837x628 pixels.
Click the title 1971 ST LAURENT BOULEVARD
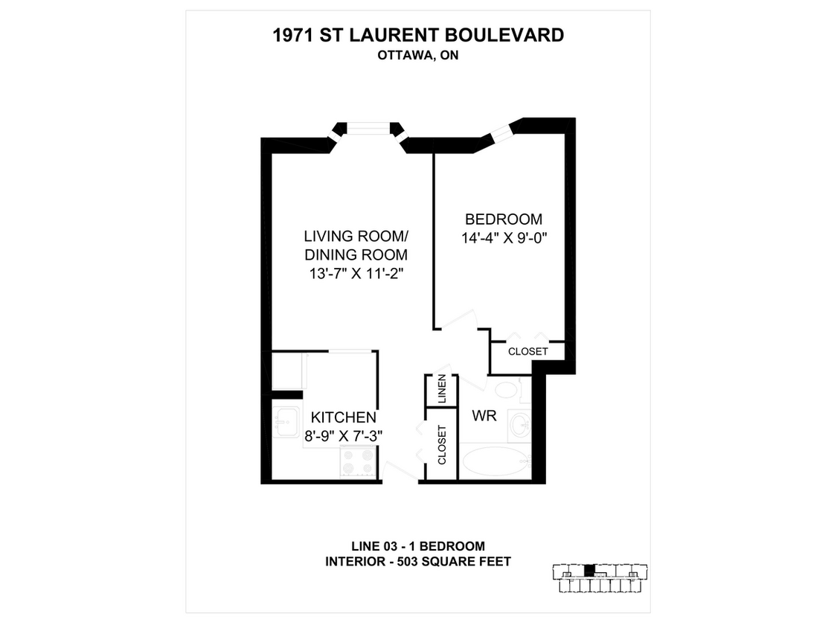(x=418, y=35)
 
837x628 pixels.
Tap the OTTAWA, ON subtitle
(x=418, y=54)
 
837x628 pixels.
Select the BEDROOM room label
(x=504, y=220)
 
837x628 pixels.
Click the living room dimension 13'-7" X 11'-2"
(x=356, y=273)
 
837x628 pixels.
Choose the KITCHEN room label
(x=343, y=417)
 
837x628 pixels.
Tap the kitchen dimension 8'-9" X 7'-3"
(x=343, y=436)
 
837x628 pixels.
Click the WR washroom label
(x=484, y=415)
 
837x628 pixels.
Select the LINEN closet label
(x=441, y=391)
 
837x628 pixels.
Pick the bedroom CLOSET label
(x=527, y=351)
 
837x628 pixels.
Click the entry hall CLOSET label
(x=441, y=445)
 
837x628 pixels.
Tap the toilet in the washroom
(x=508, y=390)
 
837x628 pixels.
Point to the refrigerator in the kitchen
(x=287, y=372)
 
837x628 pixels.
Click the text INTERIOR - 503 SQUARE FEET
(x=418, y=562)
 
